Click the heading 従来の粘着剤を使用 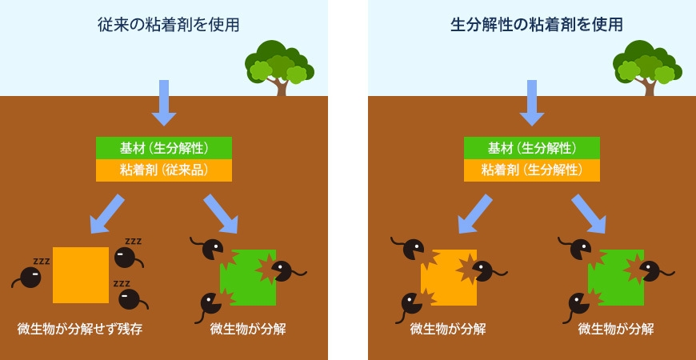pos(168,25)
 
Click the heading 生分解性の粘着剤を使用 pos(536,25)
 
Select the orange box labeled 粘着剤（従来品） pos(164,170)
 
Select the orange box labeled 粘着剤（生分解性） pos(532,170)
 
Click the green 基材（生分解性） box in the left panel pos(164,148)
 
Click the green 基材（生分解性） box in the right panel pos(532,148)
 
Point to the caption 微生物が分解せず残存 pos(80,330)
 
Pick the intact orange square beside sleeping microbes pos(81,275)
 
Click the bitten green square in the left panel pos(248,278)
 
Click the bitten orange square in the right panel pos(449,278)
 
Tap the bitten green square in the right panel pos(616,278)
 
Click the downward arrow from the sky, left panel pos(164,103)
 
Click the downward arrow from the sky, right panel pos(532,103)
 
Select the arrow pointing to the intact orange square pos(107,214)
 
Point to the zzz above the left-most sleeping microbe pos(42,261)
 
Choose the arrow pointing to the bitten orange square pos(475,214)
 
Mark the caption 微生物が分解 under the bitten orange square pos(448,330)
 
